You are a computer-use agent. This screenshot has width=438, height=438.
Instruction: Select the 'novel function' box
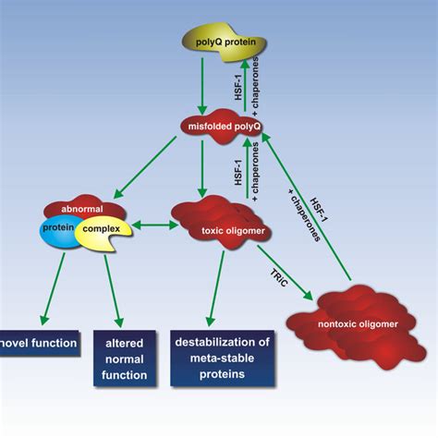(x=37, y=345)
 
